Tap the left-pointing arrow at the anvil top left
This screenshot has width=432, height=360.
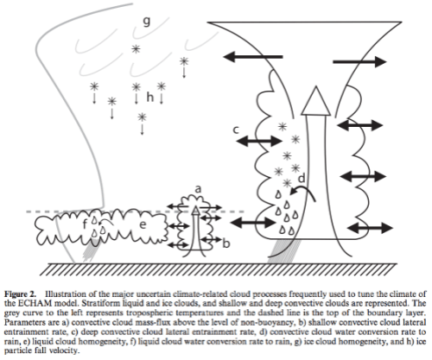(256, 56)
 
